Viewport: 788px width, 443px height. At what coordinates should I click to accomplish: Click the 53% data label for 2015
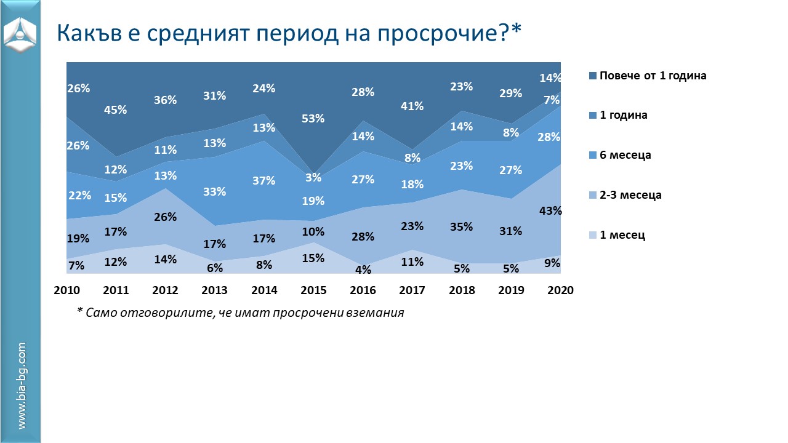313,118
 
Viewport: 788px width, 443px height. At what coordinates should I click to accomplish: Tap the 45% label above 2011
116,110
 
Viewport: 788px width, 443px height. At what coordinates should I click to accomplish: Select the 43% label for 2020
550,210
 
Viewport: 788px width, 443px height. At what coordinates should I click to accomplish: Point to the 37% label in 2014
263,181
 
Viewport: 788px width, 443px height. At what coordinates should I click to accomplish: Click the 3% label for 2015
314,178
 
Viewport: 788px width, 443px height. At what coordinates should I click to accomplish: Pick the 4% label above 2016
363,269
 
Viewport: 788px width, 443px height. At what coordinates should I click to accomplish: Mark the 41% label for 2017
412,106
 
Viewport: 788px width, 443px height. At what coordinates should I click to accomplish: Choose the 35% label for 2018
461,226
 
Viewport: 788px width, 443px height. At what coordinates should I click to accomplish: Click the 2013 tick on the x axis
215,290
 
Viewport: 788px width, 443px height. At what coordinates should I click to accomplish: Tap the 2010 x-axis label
66,290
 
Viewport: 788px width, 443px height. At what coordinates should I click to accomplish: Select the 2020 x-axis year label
561,290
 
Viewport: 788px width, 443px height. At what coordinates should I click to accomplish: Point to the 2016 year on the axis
363,290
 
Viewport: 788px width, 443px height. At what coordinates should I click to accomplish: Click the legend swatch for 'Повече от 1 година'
593,76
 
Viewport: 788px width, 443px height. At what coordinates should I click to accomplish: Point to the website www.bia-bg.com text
22,386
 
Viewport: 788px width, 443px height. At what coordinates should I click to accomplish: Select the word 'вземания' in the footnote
376,313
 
